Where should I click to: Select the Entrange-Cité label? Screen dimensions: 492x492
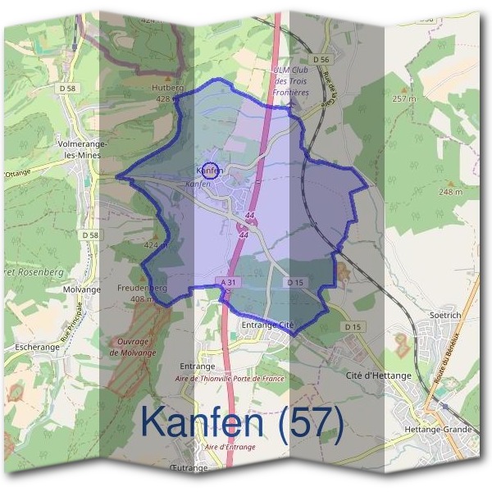pyautogui.click(x=267, y=326)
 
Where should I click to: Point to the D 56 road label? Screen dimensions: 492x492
pyautogui.click(x=321, y=60)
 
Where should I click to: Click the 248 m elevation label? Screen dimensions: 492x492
pyautogui.click(x=450, y=192)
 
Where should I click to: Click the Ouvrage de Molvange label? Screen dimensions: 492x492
pyautogui.click(x=132, y=348)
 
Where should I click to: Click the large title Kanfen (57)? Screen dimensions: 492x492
pyautogui.click(x=240, y=421)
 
